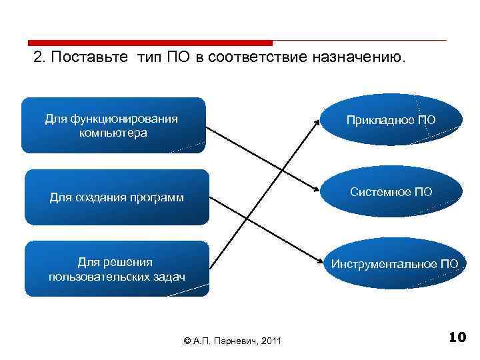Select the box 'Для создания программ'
click(x=116, y=197)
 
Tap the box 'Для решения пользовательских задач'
click(x=116, y=269)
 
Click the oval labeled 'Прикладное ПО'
click(x=391, y=120)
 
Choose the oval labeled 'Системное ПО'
click(x=391, y=192)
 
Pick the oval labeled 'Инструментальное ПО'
click(x=394, y=264)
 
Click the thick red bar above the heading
click(x=151, y=42)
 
